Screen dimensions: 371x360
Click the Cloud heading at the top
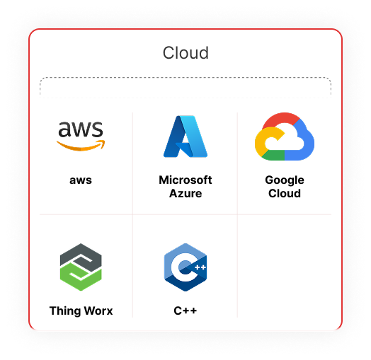point(185,53)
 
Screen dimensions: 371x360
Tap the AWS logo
point(81,137)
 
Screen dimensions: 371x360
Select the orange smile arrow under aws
point(81,146)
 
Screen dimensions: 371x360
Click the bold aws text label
point(81,180)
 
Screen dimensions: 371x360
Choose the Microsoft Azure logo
point(185,137)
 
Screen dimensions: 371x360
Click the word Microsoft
point(185,180)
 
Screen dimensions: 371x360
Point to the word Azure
point(185,193)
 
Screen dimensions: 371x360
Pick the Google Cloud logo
point(285,137)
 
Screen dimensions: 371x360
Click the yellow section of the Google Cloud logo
point(261,142)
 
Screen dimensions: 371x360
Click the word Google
point(285,180)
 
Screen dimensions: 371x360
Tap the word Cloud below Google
point(285,193)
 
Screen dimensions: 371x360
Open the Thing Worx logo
point(81,267)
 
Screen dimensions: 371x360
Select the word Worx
point(98,310)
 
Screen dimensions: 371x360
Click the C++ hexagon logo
point(185,267)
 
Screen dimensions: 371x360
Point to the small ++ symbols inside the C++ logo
point(200,267)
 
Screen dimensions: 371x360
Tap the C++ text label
point(185,310)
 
